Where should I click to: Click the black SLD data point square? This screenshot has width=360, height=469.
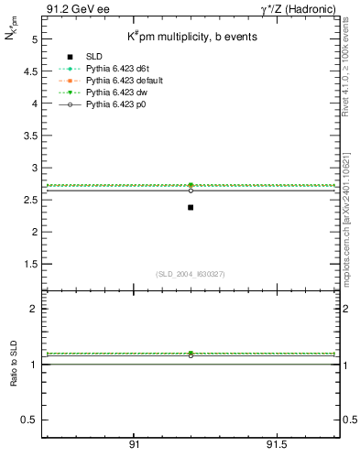[x=191, y=207]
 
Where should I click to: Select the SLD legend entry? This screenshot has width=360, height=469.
[x=95, y=57]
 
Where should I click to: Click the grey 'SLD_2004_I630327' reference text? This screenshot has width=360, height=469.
[x=191, y=274]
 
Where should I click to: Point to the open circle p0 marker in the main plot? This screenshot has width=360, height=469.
[x=191, y=191]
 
